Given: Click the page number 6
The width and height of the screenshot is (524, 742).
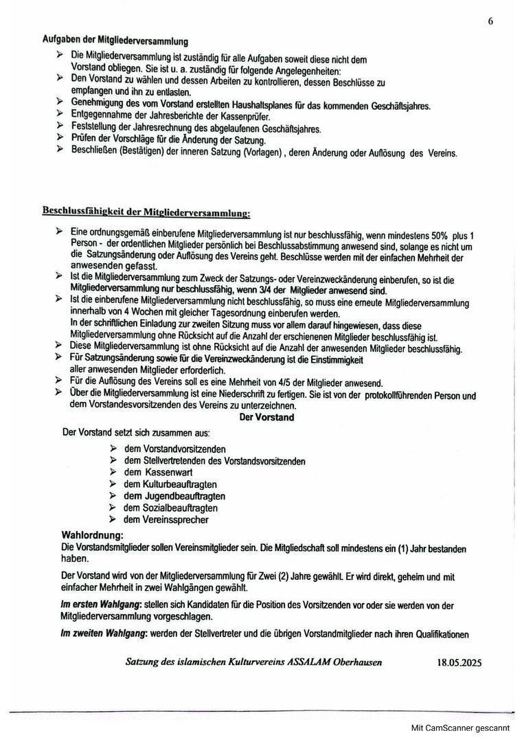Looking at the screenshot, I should point(490,21).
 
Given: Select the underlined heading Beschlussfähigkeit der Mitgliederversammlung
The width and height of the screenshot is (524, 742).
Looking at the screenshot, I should point(146,211).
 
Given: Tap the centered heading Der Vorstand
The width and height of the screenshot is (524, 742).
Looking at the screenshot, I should point(266,417).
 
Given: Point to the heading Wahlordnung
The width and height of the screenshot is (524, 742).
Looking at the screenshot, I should point(93,534).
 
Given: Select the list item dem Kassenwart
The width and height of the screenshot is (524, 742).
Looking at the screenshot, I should point(158,473).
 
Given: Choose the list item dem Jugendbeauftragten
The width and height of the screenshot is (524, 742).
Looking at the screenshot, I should point(174,496).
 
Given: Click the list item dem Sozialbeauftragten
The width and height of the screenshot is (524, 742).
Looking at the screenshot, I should point(170,508).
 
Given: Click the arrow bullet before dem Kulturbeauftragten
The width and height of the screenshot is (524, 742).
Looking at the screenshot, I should point(113,484).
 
